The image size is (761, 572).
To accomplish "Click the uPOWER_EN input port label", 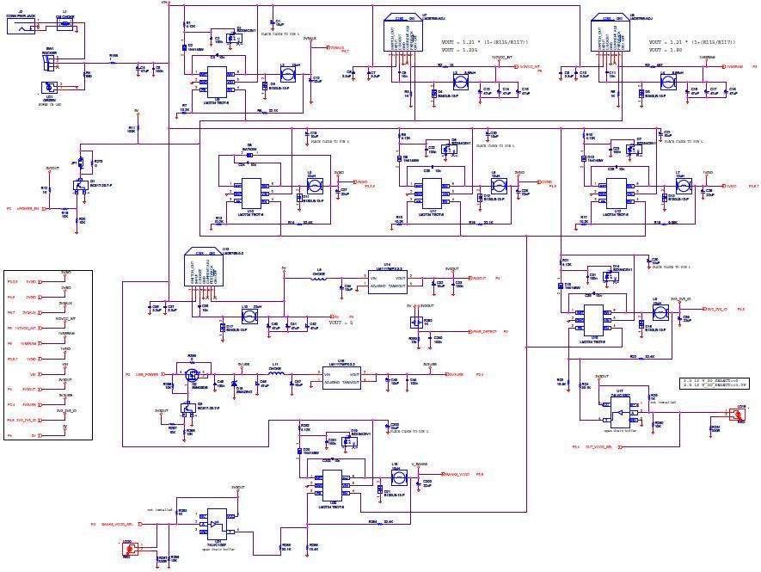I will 29,208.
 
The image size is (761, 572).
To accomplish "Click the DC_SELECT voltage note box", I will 710,383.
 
